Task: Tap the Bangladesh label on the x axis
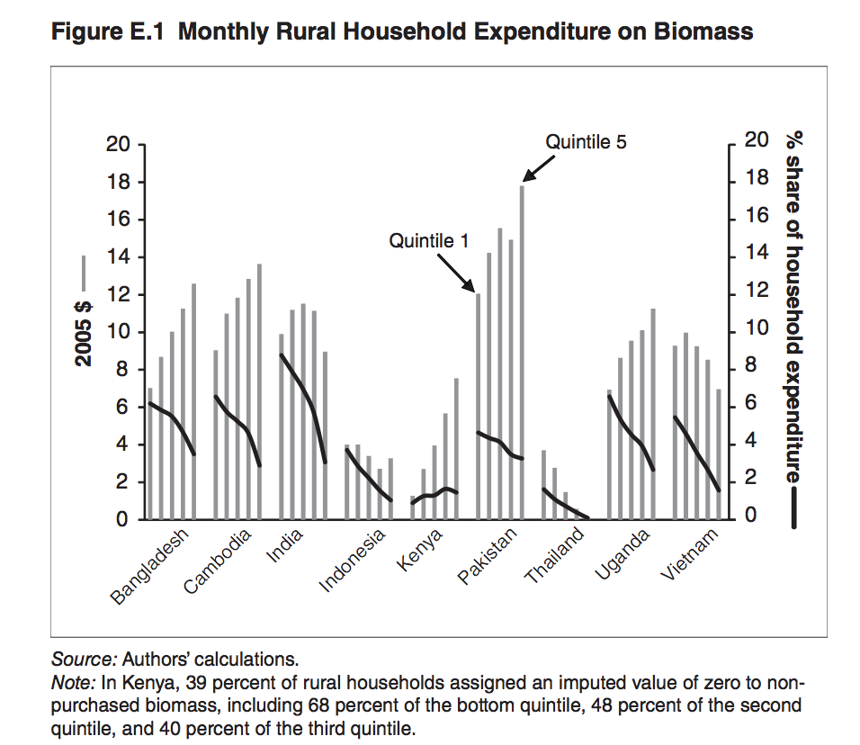click(152, 566)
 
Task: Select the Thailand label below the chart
click(555, 557)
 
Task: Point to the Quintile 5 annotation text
click(586, 141)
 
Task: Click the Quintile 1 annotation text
click(429, 241)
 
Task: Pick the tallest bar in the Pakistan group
click(522, 352)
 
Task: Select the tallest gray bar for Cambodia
click(260, 391)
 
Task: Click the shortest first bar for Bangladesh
click(149, 453)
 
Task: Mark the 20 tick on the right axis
click(757, 141)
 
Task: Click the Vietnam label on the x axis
click(691, 554)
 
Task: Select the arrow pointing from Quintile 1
click(457, 271)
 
